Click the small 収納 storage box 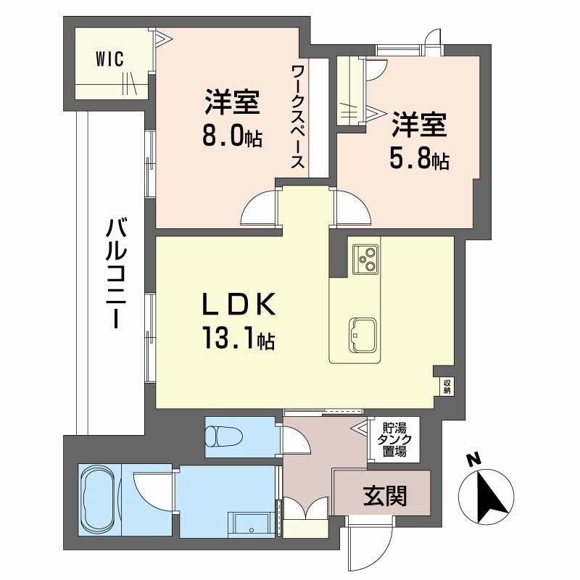click(447, 386)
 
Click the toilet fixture click(221, 436)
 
